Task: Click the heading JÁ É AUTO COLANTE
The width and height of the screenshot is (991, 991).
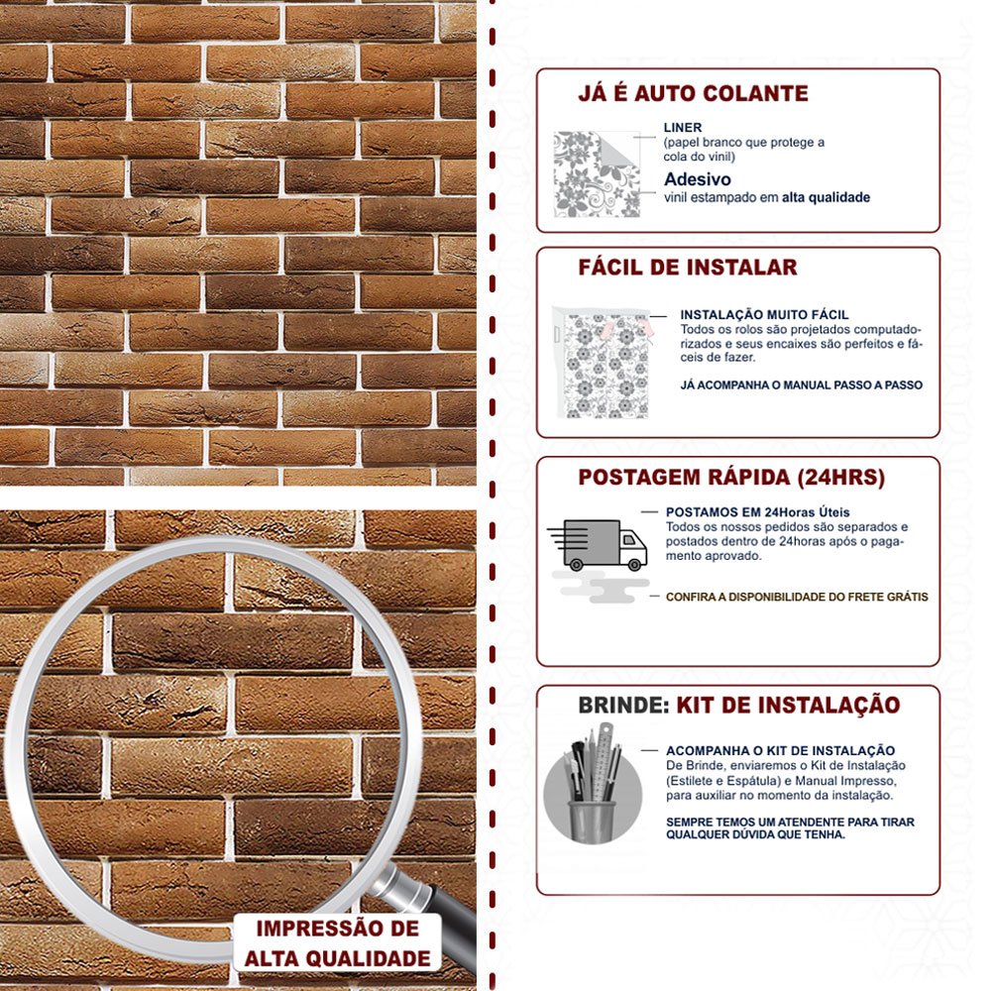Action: [693, 93]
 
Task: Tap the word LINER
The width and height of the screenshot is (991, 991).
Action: [683, 127]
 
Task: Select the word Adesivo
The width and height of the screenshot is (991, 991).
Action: [697, 179]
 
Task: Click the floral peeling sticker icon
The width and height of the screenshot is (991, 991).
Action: [597, 173]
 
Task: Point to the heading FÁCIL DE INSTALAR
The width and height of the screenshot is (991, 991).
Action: [688, 268]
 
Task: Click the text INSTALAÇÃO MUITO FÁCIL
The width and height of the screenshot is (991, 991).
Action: [764, 315]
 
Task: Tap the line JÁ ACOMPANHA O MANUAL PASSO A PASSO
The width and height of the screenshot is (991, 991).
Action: [801, 385]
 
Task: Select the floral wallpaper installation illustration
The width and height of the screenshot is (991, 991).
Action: [601, 362]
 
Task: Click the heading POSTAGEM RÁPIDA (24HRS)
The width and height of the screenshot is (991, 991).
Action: [731, 478]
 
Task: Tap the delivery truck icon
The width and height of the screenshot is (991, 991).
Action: [598, 545]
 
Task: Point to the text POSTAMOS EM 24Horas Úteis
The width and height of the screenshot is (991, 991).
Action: [757, 512]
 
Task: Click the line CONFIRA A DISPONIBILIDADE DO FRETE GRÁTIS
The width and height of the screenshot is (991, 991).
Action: [797, 597]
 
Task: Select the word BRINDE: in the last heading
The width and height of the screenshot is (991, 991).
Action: [623, 706]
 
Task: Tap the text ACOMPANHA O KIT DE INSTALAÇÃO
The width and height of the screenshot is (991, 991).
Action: [780, 751]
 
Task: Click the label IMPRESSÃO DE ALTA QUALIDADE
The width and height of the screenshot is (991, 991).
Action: [338, 943]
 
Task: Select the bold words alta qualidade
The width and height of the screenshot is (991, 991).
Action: [826, 198]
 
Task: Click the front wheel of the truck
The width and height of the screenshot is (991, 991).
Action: [634, 565]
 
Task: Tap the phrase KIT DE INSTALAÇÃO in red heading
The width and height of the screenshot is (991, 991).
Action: [788, 706]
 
